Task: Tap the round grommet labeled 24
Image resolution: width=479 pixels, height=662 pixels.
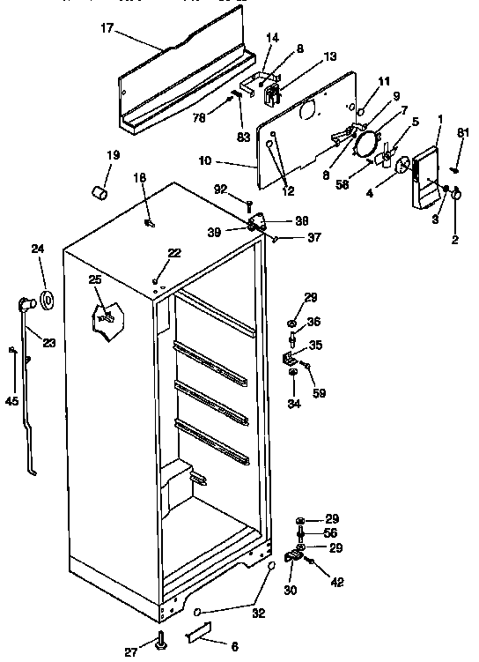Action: pyautogui.click(x=44, y=299)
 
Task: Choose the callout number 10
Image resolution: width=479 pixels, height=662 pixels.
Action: pyautogui.click(x=205, y=160)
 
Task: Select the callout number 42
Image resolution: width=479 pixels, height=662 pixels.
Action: pyautogui.click(x=338, y=583)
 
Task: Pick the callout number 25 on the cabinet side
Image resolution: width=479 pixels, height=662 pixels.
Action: pyautogui.click(x=95, y=279)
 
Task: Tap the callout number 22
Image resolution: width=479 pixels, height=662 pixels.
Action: pyautogui.click(x=174, y=253)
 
